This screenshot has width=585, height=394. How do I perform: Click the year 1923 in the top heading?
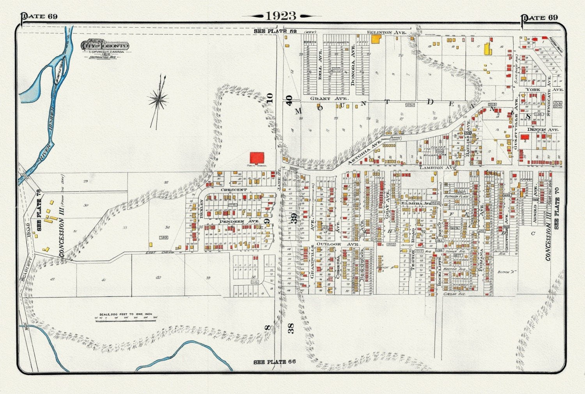pos(281,16)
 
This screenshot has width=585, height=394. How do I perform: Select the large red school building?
pos(257,158)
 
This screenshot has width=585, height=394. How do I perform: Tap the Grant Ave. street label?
pos(323,99)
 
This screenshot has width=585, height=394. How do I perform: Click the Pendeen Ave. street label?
pos(234,221)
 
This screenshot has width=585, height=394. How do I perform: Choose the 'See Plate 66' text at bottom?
pos(275,362)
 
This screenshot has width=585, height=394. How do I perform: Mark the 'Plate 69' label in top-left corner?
pos(39,16)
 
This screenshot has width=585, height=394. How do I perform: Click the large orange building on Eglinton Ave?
pos(376,39)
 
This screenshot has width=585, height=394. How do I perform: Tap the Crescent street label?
pos(234,190)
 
